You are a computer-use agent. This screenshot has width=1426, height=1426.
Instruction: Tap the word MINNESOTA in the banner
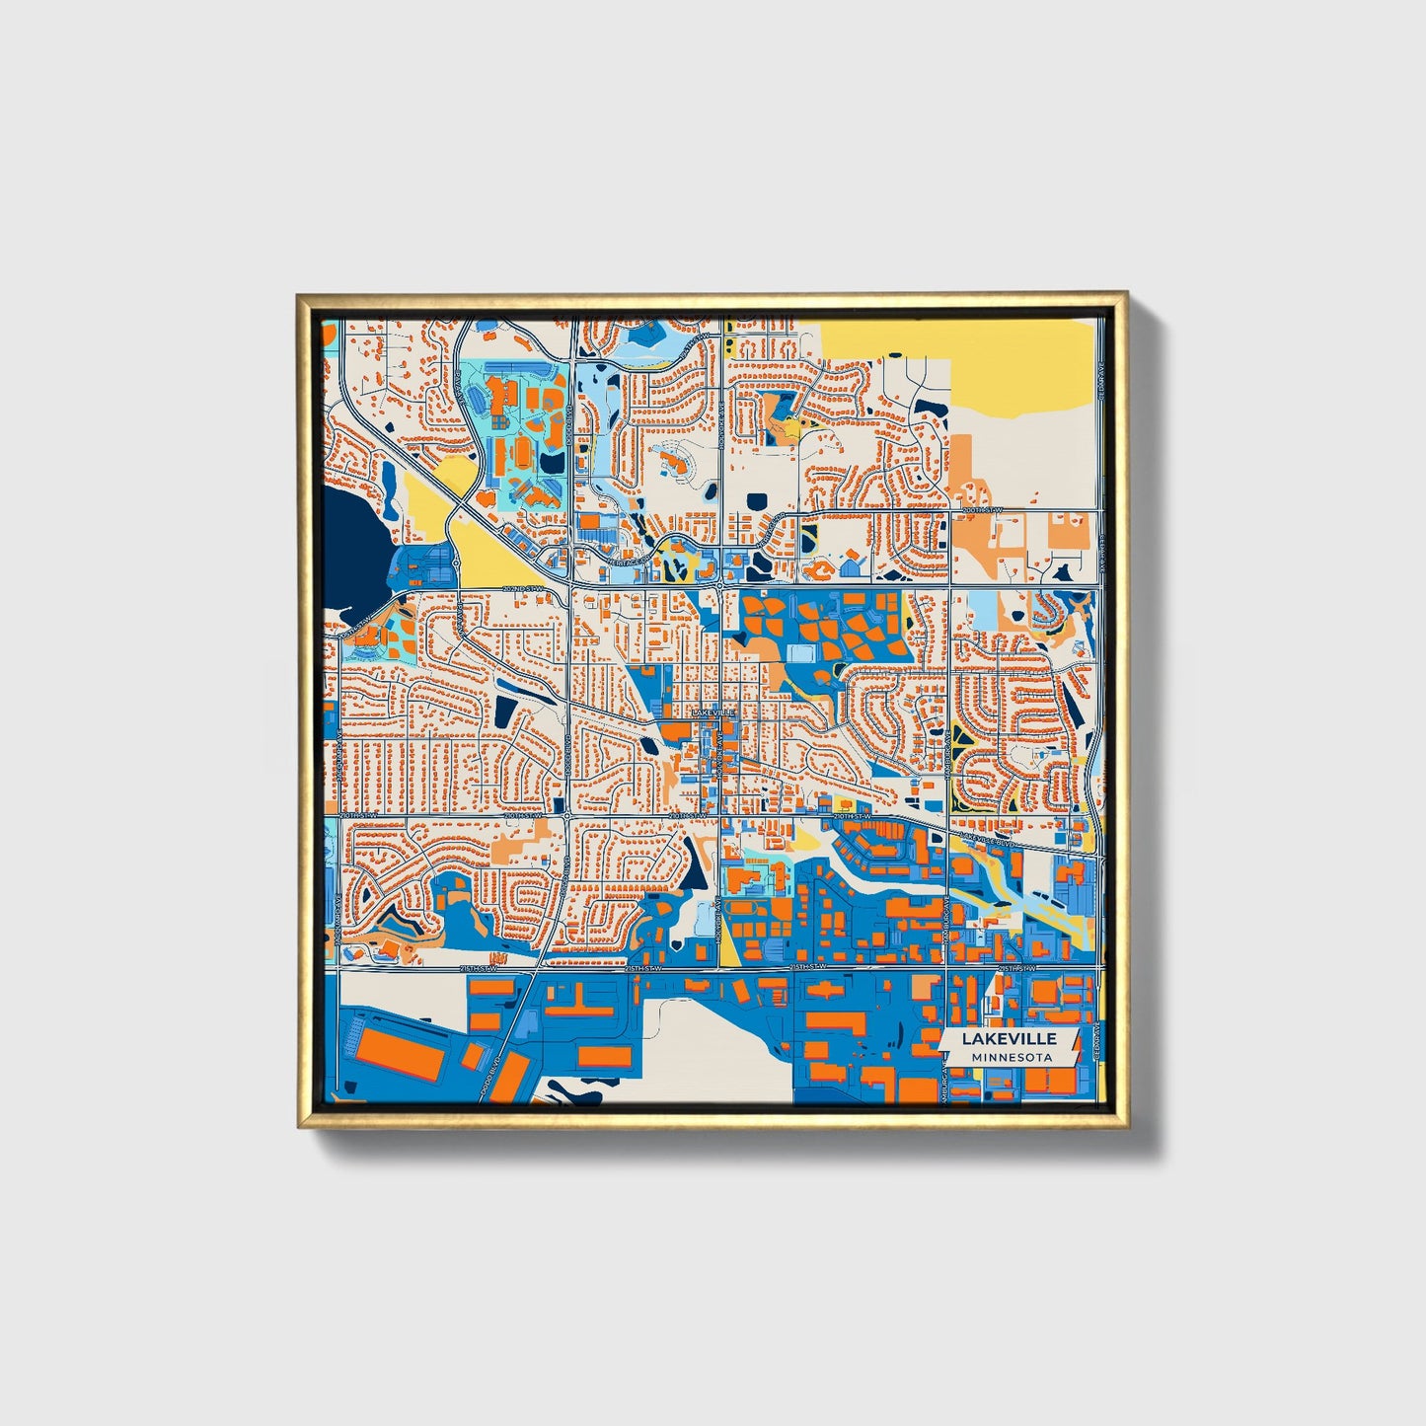[x=1010, y=1057]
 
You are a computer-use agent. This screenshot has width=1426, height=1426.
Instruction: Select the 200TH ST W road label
[x=982, y=509]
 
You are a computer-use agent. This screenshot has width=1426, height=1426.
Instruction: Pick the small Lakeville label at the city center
[x=713, y=712]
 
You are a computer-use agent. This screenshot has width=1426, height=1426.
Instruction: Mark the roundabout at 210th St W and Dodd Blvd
[x=567, y=815]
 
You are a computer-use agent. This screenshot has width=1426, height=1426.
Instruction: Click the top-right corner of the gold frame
[x=1126, y=294]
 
